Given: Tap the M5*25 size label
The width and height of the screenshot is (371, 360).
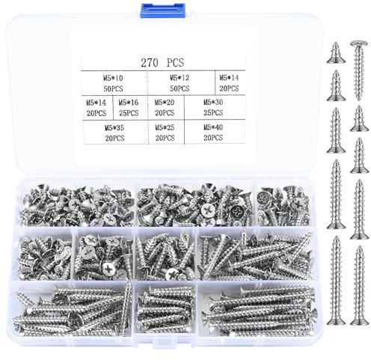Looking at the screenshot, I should click(166, 128).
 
